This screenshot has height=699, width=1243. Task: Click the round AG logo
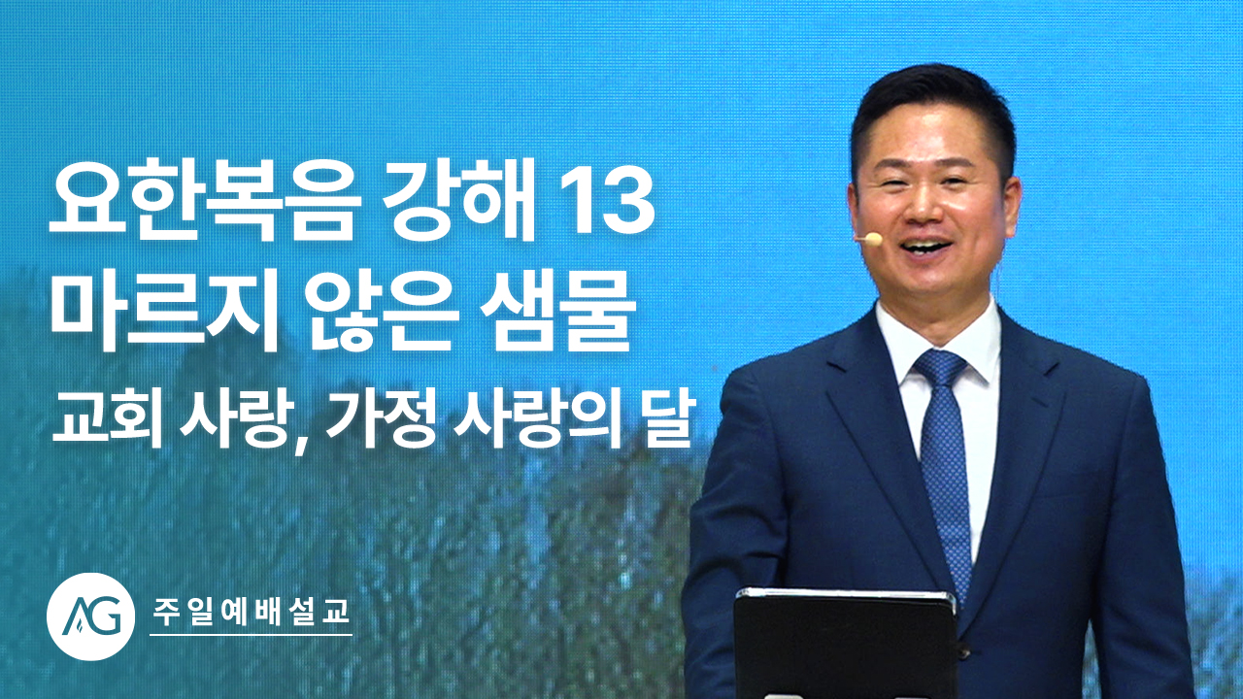click(x=90, y=616)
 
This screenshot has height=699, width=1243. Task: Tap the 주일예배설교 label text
click(x=251, y=612)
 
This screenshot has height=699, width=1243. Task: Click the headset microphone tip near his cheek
click(x=868, y=239)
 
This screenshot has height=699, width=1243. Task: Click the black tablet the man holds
click(x=845, y=644)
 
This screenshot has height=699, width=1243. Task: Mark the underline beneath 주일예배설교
click(x=252, y=635)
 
